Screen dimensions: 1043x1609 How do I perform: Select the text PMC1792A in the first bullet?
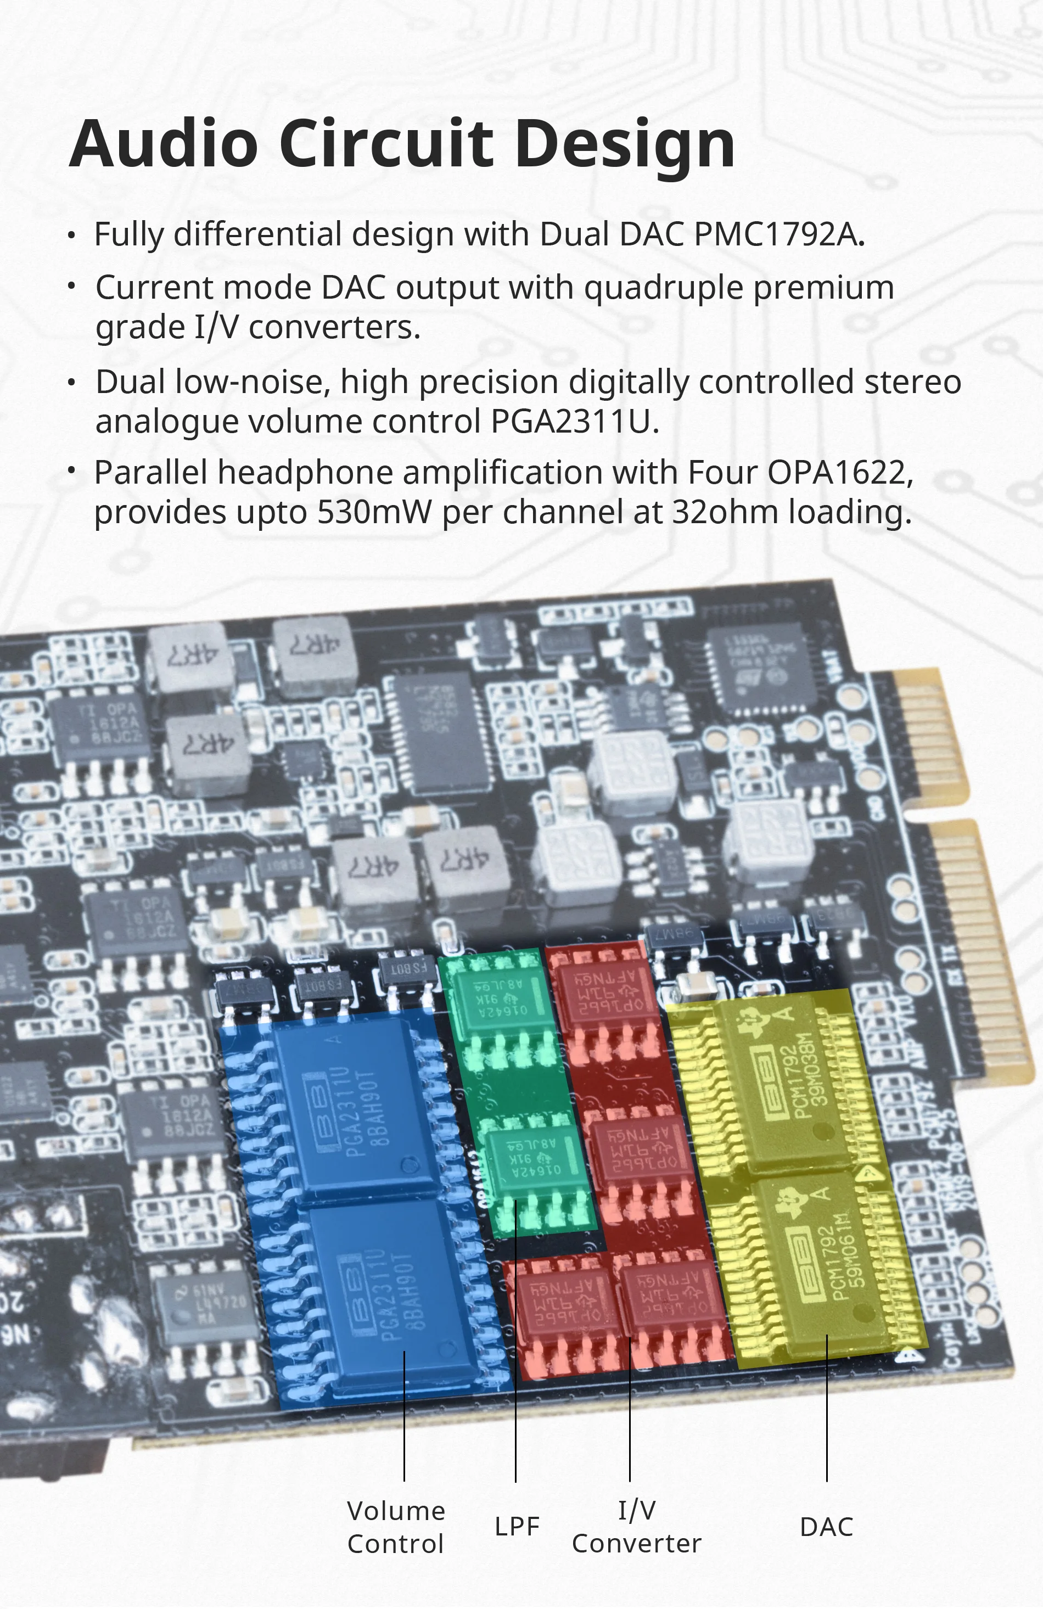point(779,234)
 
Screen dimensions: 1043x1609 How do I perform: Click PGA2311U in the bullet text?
point(574,421)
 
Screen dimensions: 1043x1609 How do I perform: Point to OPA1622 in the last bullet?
point(839,472)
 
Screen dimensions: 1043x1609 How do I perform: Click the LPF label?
point(517,1527)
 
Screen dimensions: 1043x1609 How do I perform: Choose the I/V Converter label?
point(636,1526)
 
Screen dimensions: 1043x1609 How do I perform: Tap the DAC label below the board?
point(826,1527)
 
